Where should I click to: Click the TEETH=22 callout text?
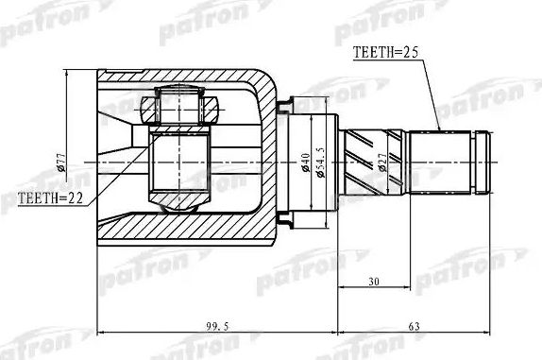click(x=50, y=197)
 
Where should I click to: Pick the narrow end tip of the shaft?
click(x=484, y=162)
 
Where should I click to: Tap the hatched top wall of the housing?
click(x=189, y=78)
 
